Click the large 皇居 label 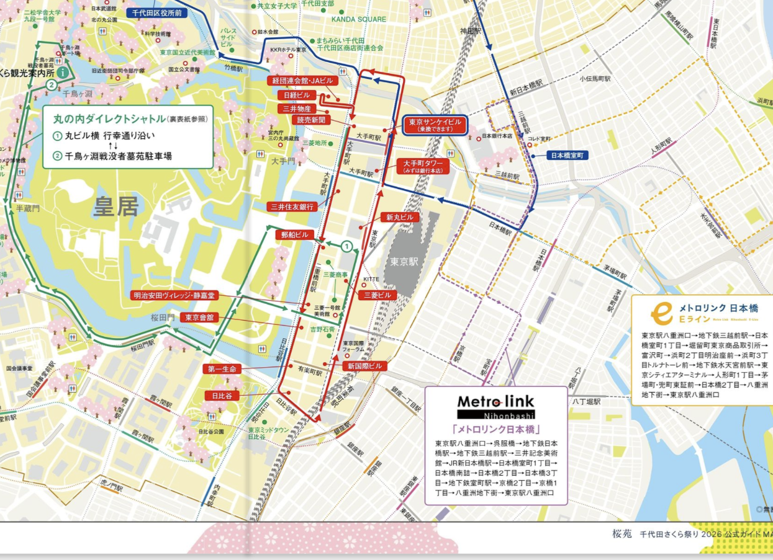[115, 207]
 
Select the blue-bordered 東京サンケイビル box [435, 126]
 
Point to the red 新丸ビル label [400, 218]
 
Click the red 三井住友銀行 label [291, 207]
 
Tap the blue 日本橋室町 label [567, 156]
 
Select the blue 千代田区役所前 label [156, 12]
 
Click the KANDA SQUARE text [358, 19]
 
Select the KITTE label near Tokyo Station [371, 279]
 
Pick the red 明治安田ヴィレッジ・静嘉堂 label [174, 295]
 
